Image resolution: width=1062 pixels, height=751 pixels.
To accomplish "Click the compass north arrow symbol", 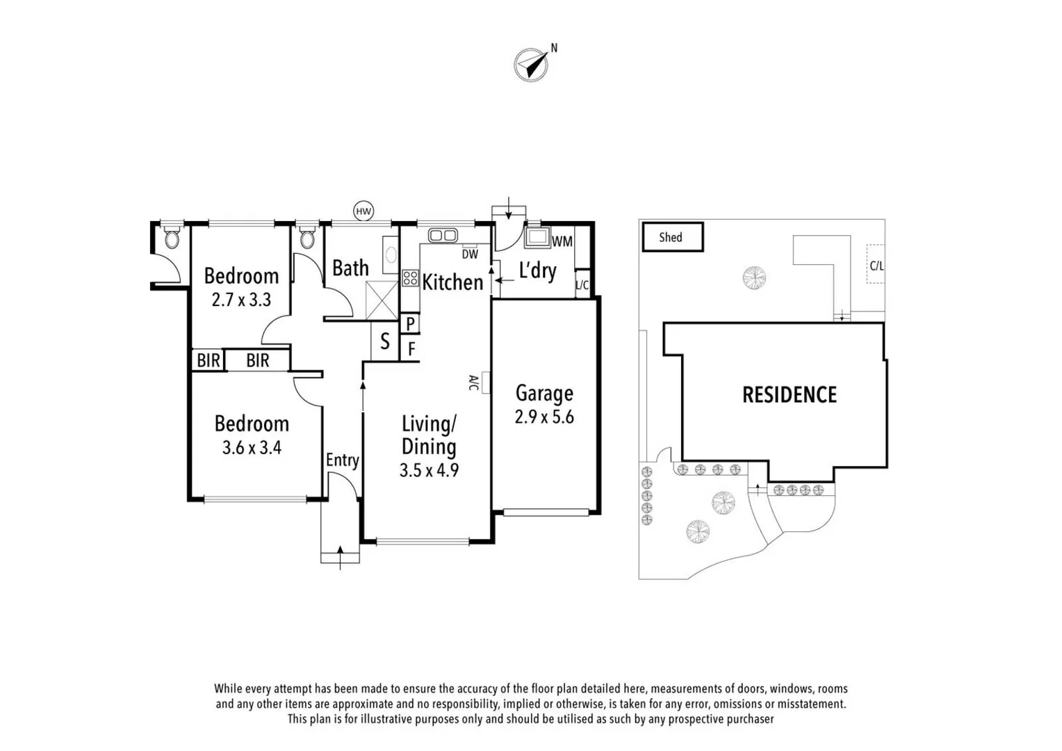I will pyautogui.click(x=532, y=65).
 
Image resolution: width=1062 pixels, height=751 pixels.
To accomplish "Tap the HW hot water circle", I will pyautogui.click(x=363, y=211).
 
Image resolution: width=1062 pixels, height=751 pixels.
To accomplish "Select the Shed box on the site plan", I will pyautogui.click(x=671, y=237).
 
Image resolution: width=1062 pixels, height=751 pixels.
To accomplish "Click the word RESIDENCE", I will pyautogui.click(x=790, y=395).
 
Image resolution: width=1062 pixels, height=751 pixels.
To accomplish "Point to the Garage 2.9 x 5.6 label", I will pyautogui.click(x=544, y=405).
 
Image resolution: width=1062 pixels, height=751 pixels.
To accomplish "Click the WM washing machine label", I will pyautogui.click(x=562, y=241).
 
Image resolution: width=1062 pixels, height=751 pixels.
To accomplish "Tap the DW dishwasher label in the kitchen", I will pyautogui.click(x=470, y=255).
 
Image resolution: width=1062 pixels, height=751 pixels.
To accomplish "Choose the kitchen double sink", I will pyautogui.click(x=442, y=236).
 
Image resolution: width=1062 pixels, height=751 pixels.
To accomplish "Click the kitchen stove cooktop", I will pyautogui.click(x=409, y=278).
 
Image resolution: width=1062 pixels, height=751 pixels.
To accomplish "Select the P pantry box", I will pyautogui.click(x=410, y=323).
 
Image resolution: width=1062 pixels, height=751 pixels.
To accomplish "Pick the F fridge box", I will pyautogui.click(x=411, y=348).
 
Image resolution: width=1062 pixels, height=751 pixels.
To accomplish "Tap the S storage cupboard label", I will pyautogui.click(x=384, y=341).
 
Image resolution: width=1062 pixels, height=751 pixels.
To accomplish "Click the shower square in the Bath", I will pyautogui.click(x=382, y=300).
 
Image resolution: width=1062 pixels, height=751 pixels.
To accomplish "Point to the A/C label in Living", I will pyautogui.click(x=473, y=382).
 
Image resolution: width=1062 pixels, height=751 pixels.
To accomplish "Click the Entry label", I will pyautogui.click(x=342, y=460).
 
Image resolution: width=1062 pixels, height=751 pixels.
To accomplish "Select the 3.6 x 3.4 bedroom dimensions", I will pyautogui.click(x=252, y=447).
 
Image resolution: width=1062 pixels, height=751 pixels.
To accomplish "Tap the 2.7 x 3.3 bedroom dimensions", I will pyautogui.click(x=241, y=300).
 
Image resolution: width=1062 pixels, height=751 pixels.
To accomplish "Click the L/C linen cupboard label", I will pyautogui.click(x=582, y=285).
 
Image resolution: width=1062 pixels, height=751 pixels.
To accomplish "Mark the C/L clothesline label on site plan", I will pyautogui.click(x=877, y=266).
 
